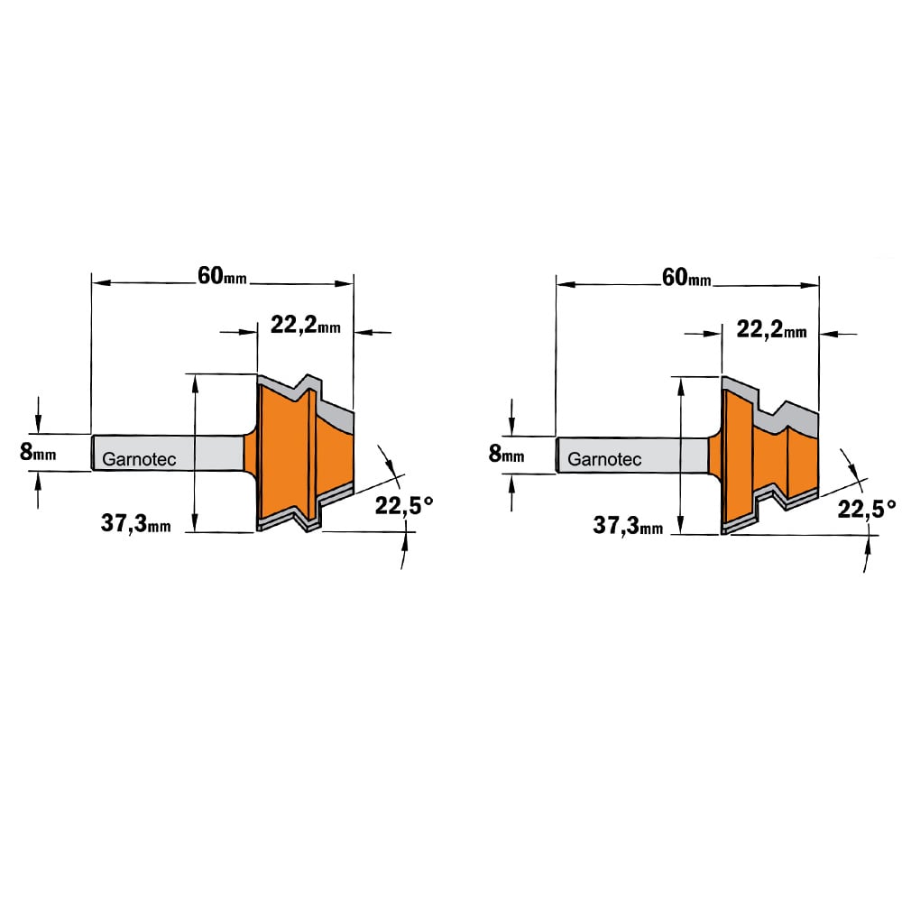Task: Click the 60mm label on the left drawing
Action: [222, 276]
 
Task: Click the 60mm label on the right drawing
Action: [686, 278]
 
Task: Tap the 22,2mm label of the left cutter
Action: [306, 327]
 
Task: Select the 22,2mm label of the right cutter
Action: [771, 329]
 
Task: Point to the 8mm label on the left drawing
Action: [38, 452]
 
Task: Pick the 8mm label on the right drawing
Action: [506, 454]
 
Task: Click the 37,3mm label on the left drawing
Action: [136, 523]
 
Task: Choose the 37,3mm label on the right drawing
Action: [628, 526]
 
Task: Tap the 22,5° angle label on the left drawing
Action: [404, 506]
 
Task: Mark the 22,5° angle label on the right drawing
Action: [866, 509]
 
